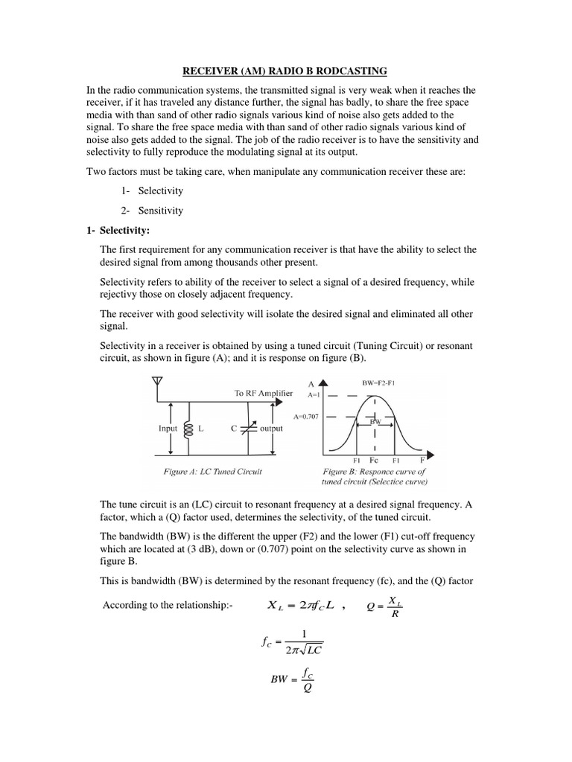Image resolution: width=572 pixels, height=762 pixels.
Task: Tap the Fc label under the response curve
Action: click(x=374, y=460)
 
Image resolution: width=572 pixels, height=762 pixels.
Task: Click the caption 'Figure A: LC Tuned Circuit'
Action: click(x=212, y=472)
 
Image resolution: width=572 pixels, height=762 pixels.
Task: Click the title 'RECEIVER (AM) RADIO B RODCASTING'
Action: click(x=285, y=71)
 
